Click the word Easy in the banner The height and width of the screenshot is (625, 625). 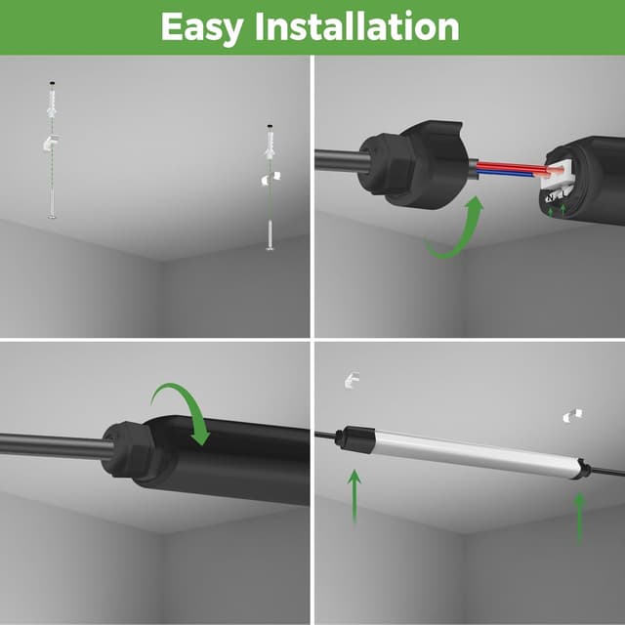point(202,27)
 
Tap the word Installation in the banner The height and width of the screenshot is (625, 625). point(357,26)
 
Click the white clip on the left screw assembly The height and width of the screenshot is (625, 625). point(51,144)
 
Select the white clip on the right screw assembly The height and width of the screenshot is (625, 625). point(271,178)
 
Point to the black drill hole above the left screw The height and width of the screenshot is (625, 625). point(52,83)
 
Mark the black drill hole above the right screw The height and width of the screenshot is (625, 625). point(270,126)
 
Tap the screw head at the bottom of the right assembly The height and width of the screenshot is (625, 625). point(271,249)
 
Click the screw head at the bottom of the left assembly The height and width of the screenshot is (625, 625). point(52,217)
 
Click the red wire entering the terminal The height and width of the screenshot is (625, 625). point(515,167)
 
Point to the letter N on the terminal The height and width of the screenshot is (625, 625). point(551,197)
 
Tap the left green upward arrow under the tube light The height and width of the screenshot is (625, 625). point(354,496)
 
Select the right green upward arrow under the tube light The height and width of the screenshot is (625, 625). point(579,519)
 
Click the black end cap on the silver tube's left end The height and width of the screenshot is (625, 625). point(356,439)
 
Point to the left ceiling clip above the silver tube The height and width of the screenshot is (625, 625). point(352,380)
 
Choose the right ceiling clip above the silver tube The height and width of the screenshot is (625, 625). point(572,415)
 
